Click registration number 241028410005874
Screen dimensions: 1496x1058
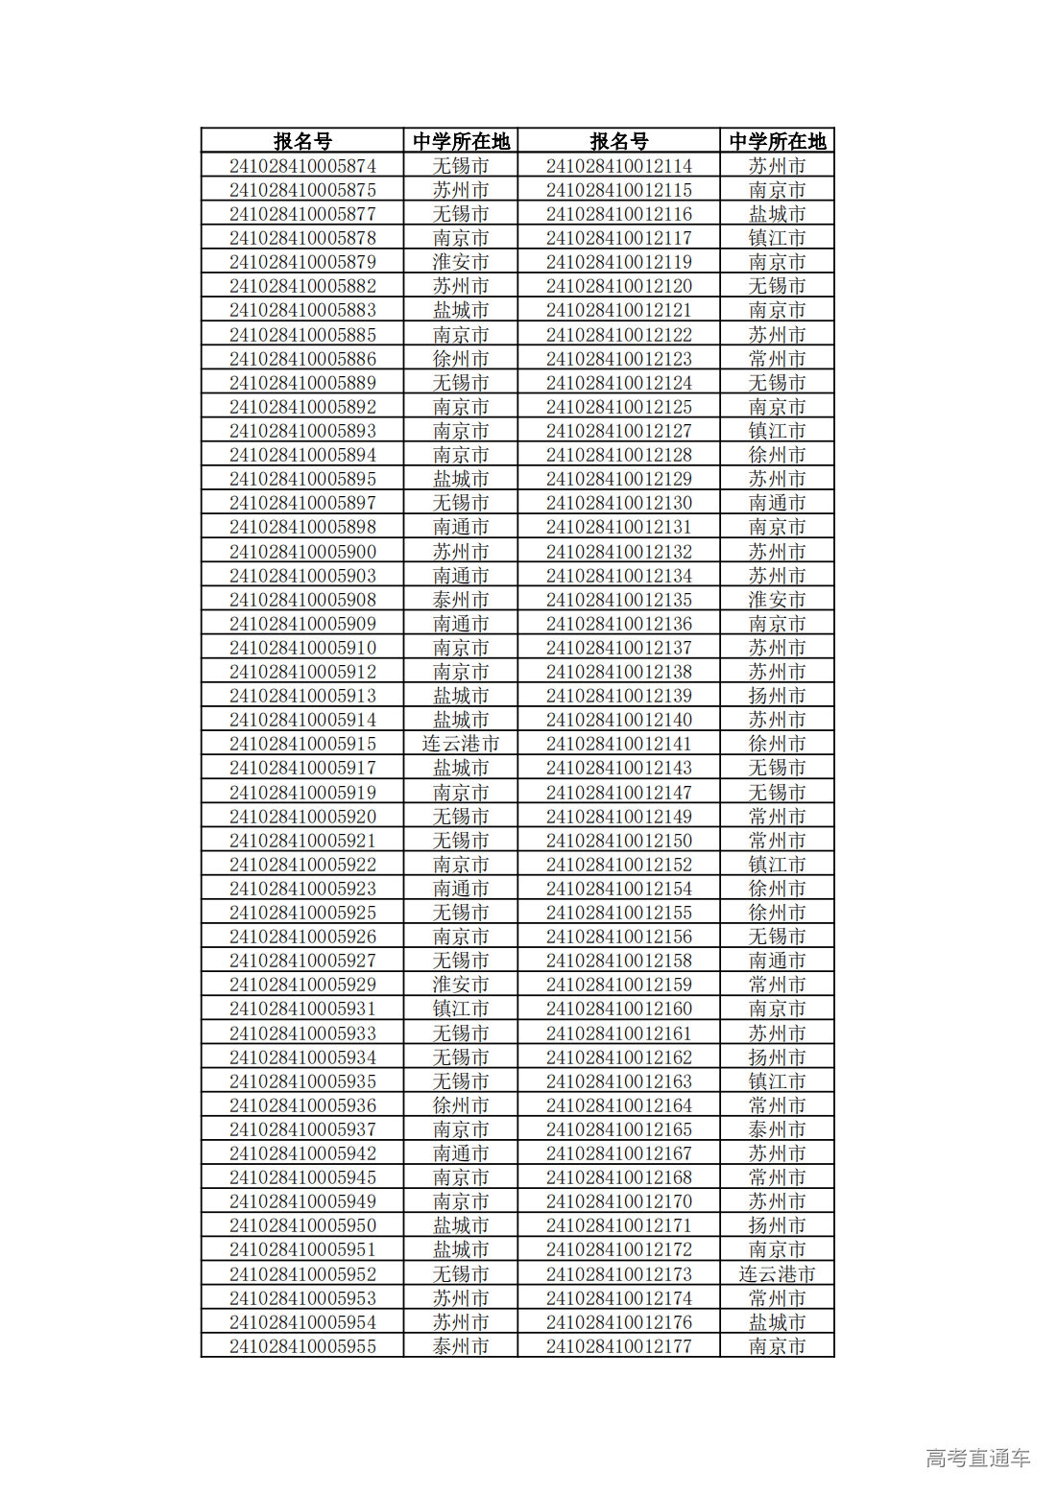point(302,166)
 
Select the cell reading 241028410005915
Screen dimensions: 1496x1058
point(302,744)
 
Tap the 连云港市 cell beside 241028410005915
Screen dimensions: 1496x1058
point(461,744)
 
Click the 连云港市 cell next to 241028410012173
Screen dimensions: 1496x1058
point(777,1274)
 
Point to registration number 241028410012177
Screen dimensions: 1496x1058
point(619,1346)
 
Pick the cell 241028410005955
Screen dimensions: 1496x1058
point(302,1346)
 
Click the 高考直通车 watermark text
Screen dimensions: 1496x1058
point(977,1458)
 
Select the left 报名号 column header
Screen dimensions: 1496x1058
point(302,141)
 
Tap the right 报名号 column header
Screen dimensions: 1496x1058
point(619,141)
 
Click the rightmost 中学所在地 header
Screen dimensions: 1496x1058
point(777,141)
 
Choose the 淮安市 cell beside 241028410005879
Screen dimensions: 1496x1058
point(461,262)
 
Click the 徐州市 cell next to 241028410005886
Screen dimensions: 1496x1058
point(461,359)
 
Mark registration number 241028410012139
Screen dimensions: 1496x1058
point(619,696)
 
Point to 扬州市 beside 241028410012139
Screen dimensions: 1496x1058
point(777,696)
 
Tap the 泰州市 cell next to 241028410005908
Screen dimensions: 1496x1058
point(461,600)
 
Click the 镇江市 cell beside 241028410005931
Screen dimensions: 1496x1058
point(461,1009)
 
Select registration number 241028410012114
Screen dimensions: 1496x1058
point(619,166)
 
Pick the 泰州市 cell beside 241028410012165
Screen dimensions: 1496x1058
point(777,1129)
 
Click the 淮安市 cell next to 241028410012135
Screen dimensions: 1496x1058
point(777,600)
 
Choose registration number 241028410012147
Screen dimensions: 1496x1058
point(619,793)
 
